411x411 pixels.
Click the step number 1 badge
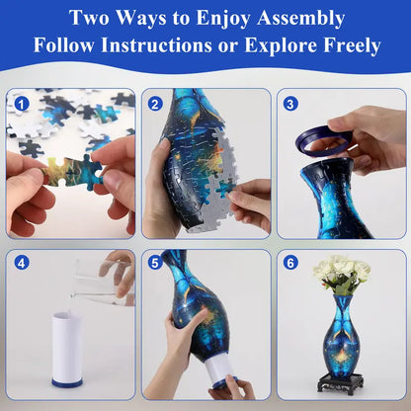coord(22,103)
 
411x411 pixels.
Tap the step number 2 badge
coord(156,103)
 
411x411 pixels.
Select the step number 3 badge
coord(290,103)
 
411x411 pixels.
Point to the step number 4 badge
coord(22,264)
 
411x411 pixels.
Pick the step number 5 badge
coord(156,264)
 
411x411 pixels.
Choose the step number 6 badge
coord(290,264)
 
